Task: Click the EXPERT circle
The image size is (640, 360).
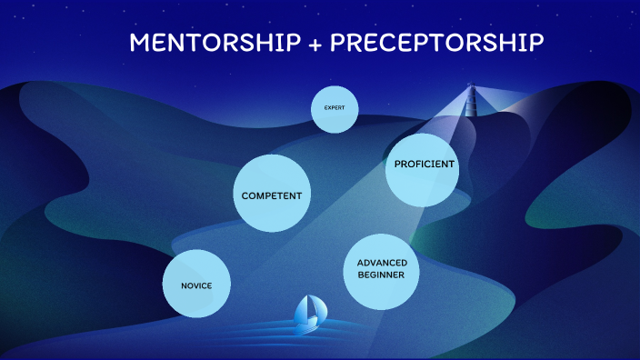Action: tap(334, 109)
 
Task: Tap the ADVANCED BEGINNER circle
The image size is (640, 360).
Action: tap(381, 269)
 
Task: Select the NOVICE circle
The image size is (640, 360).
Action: tap(196, 285)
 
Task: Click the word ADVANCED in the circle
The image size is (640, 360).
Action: tap(382, 263)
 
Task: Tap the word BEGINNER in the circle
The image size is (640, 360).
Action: tap(381, 275)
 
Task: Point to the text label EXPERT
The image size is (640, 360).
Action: tap(334, 108)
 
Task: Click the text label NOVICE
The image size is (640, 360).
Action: tap(196, 285)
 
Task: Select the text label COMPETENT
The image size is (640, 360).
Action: tap(271, 195)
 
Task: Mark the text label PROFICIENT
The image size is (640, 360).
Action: tap(425, 165)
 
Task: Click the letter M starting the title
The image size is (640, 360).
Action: tap(139, 43)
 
